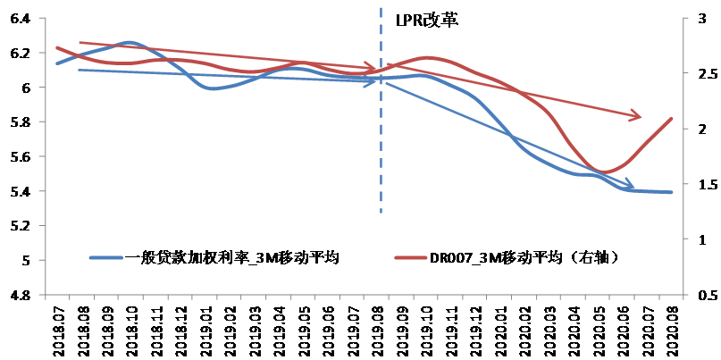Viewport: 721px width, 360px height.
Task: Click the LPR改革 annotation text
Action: tap(427, 20)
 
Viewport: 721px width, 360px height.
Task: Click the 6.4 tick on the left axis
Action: tap(20, 19)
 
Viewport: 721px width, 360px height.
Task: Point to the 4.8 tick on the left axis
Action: tap(20, 295)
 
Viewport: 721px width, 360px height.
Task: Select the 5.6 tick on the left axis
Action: tap(20, 156)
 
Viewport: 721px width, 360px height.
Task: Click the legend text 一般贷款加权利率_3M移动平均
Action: tap(231, 258)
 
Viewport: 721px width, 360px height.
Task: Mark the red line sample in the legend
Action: tap(410, 258)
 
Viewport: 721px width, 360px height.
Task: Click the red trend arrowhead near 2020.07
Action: tap(636, 115)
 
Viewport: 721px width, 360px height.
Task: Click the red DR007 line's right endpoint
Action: tap(672, 119)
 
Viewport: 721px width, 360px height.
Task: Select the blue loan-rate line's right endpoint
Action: tap(672, 192)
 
